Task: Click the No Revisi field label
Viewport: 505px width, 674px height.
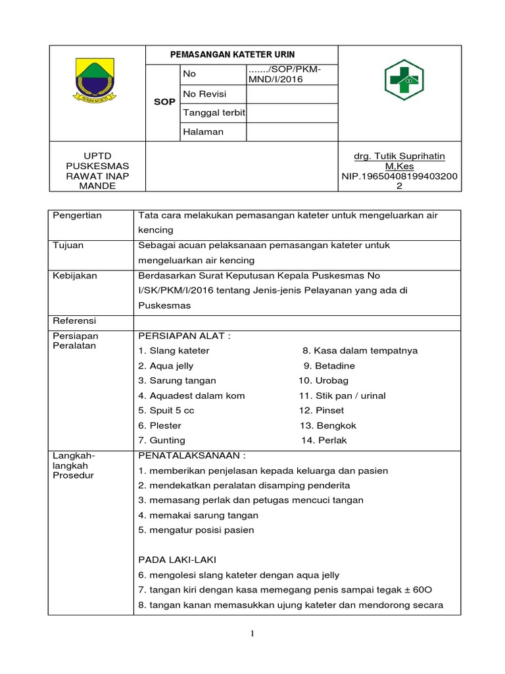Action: [x=204, y=94]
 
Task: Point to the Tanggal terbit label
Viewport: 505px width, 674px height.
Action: [x=214, y=113]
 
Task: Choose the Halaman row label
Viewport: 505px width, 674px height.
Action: [x=204, y=132]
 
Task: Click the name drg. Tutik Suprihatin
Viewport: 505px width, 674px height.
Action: [x=399, y=156]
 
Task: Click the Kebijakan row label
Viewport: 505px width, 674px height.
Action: [x=74, y=275]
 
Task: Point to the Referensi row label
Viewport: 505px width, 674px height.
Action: [x=74, y=321]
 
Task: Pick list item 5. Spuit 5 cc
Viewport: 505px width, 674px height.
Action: [x=166, y=410]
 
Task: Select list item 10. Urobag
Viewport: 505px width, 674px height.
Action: [x=324, y=380]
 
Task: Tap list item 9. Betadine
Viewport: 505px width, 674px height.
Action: [x=329, y=365]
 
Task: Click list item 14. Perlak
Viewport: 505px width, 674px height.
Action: [x=324, y=440]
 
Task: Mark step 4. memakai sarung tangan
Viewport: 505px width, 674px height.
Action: [x=198, y=515]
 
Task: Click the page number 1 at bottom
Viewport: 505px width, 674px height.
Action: [x=252, y=634]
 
